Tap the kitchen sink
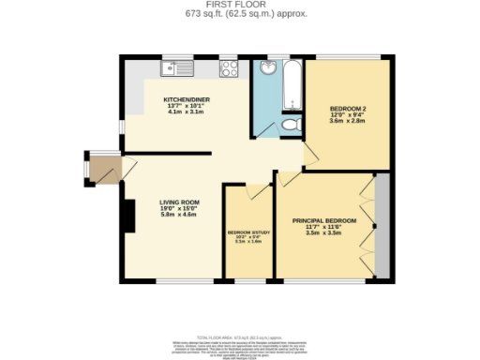(175, 67)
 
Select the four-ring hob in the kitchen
(229, 67)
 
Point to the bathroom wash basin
(268, 68)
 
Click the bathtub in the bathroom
(292, 84)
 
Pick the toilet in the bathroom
(291, 124)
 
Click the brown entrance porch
(100, 170)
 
